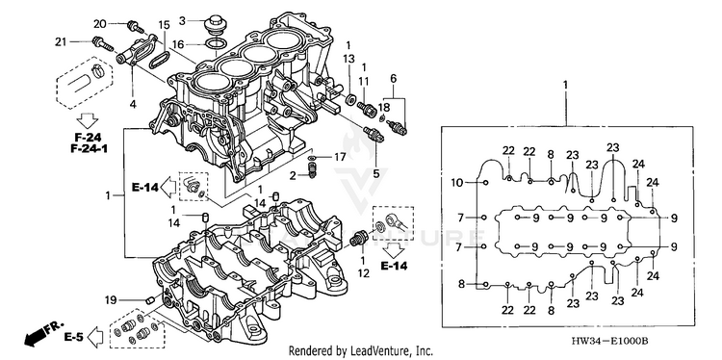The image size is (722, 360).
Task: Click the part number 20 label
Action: [100, 24]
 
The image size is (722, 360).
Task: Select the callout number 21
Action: [62, 42]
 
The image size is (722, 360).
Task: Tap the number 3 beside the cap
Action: [182, 21]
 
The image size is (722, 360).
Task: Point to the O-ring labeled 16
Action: [215, 44]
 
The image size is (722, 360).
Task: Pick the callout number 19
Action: [110, 301]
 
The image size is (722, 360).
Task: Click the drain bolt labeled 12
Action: [359, 239]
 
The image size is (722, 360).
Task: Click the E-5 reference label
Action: [73, 338]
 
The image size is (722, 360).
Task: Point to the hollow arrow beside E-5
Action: [95, 338]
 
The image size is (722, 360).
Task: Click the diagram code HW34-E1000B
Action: [609, 341]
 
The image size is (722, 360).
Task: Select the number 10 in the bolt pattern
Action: [457, 183]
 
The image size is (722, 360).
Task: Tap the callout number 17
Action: [340, 158]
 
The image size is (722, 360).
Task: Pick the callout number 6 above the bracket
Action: [393, 78]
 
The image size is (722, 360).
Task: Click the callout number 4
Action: [133, 105]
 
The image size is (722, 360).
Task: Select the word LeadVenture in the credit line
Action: [374, 350]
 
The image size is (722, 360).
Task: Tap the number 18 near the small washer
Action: [383, 107]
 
